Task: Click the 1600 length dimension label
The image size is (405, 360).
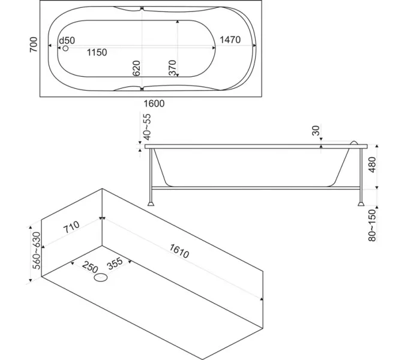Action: click(x=154, y=104)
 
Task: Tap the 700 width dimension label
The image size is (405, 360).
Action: click(x=34, y=44)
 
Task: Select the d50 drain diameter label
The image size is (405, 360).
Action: click(x=67, y=41)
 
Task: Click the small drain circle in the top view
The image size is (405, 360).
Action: click(x=65, y=48)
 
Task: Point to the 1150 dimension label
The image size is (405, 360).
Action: click(x=97, y=52)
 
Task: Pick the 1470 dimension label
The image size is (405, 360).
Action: click(x=230, y=40)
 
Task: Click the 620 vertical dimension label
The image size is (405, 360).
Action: click(x=136, y=68)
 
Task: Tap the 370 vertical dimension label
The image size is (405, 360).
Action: click(x=172, y=68)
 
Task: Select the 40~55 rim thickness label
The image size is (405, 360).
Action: click(x=147, y=127)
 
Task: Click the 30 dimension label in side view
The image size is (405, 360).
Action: click(x=316, y=130)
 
